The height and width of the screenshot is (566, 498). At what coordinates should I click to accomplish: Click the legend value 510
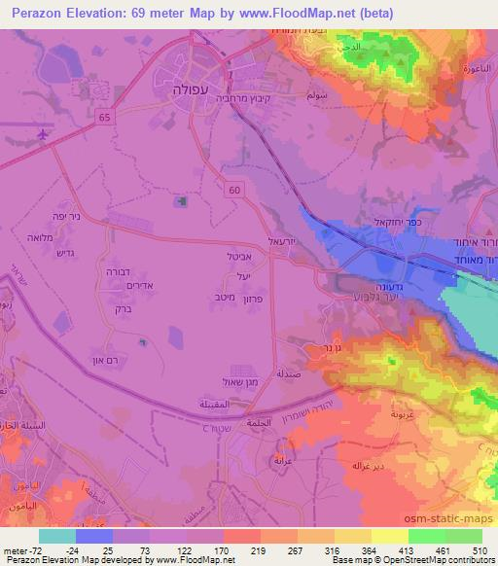coord(477,549)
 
